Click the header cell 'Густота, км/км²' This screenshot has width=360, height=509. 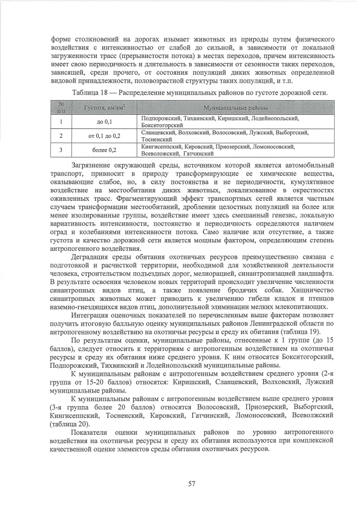pyautogui.click(x=104, y=107)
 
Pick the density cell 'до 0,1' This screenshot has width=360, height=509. pyautogui.click(x=104, y=121)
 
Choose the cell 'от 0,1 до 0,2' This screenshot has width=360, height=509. pyautogui.click(x=104, y=136)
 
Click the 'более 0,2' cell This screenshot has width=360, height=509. pyautogui.click(x=104, y=150)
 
